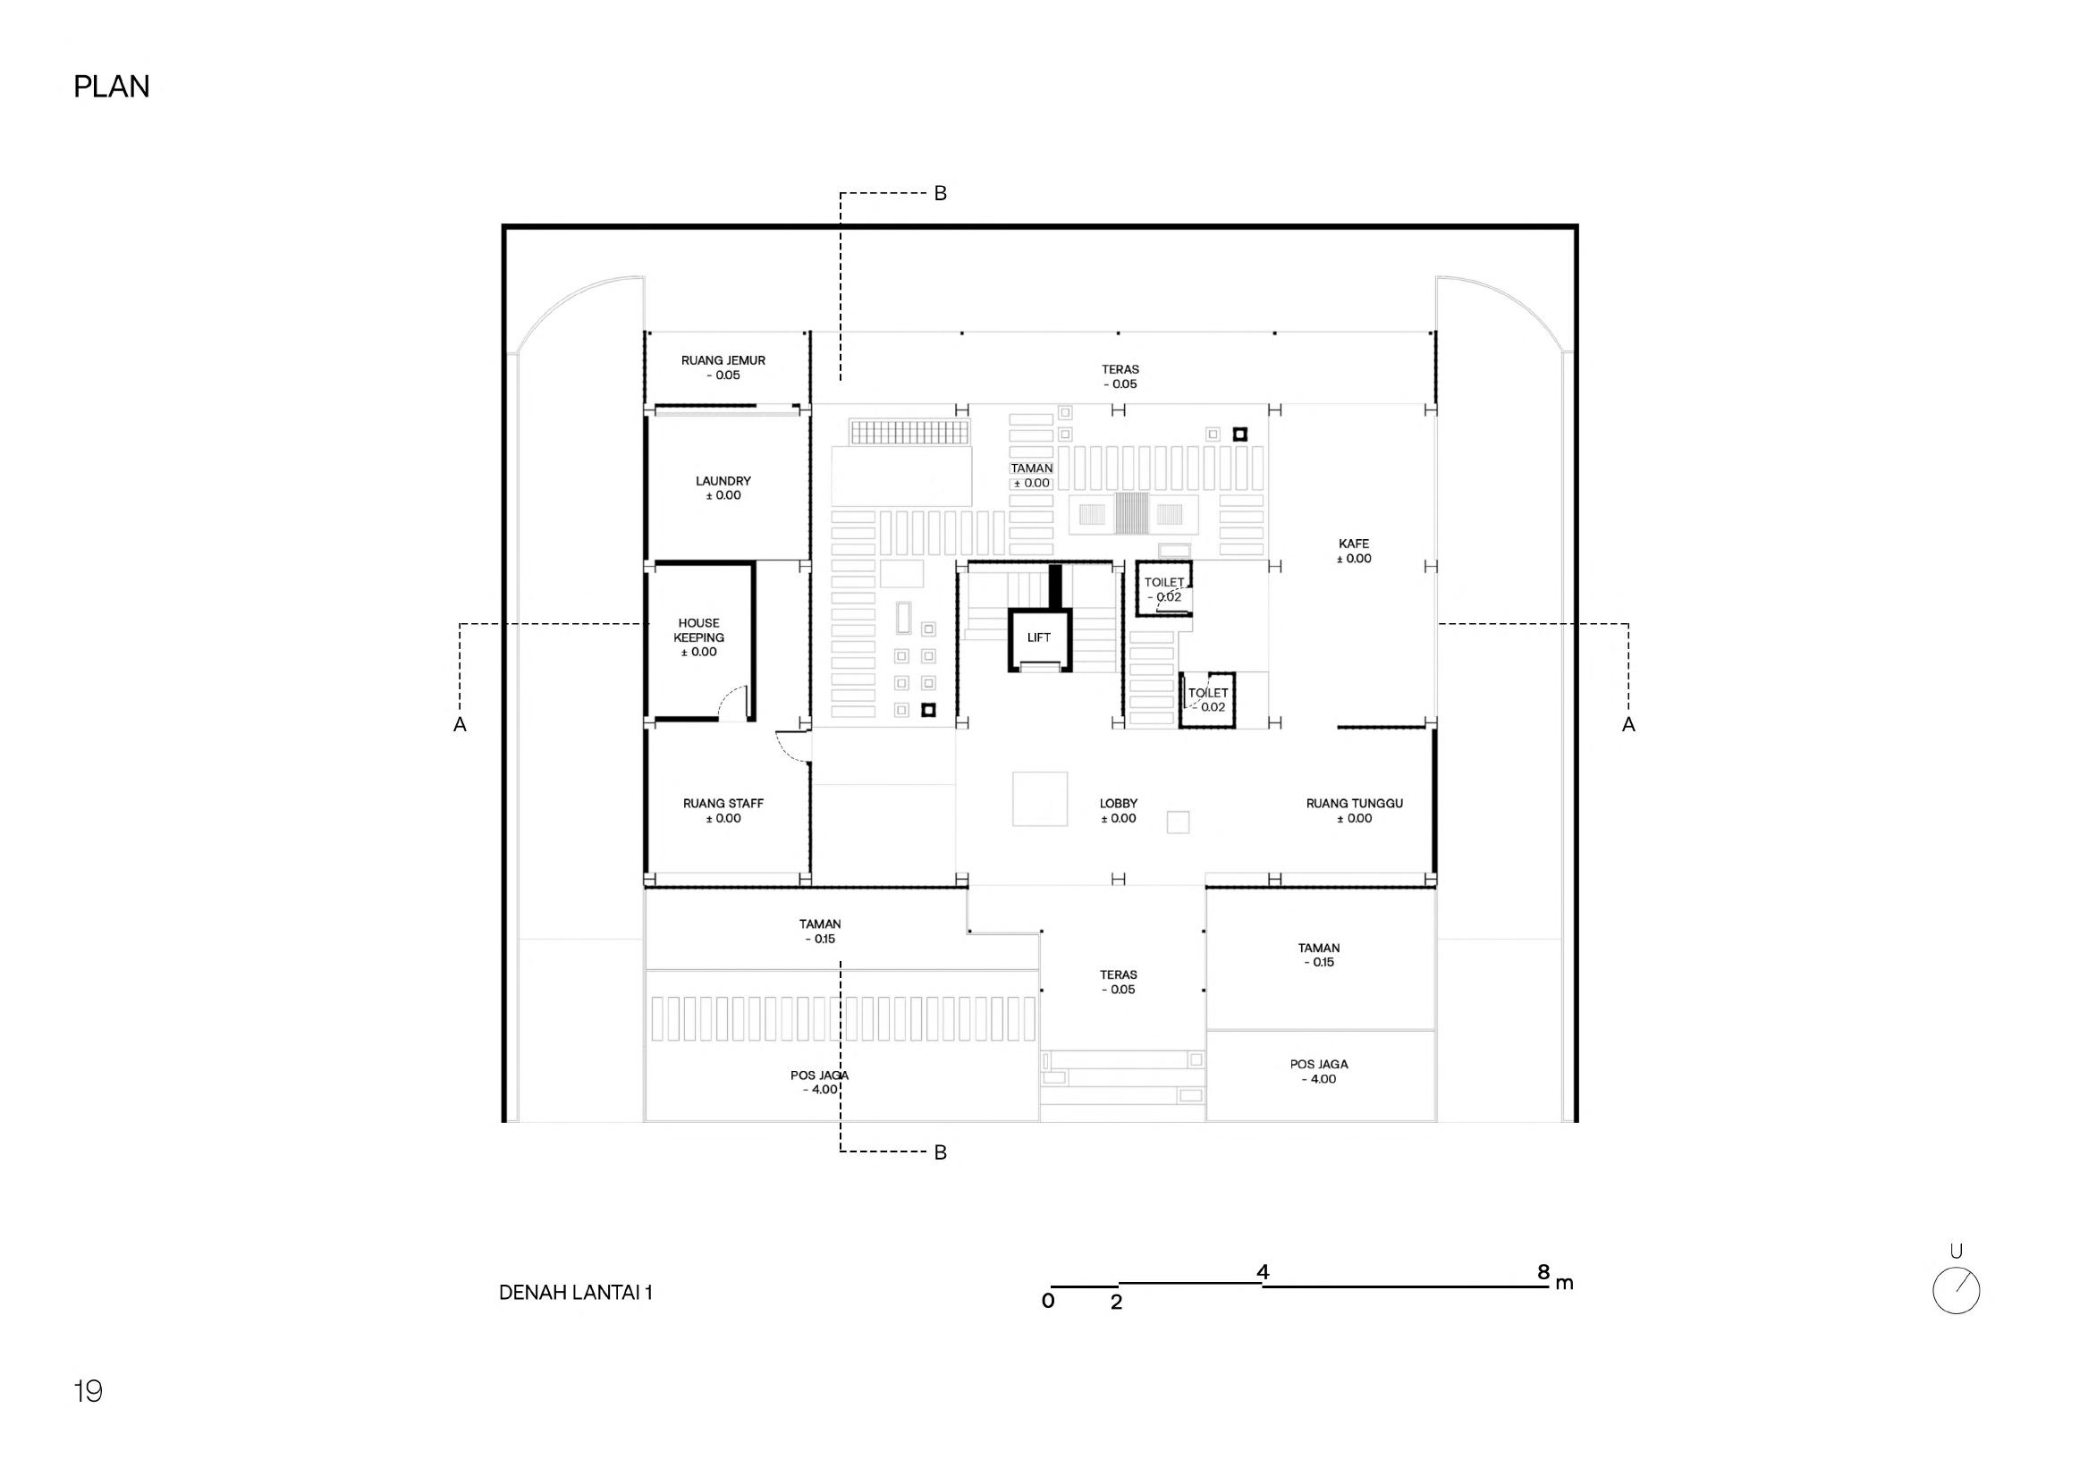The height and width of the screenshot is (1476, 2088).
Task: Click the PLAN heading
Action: pos(111,87)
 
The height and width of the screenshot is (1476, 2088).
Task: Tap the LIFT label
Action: pos(1038,637)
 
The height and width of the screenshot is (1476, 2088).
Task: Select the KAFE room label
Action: pos(1353,544)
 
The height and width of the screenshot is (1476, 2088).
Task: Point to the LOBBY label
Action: pos(1119,804)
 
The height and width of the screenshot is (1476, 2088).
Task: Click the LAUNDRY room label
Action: pos(723,481)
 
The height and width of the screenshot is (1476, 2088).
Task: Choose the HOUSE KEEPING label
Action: pos(698,630)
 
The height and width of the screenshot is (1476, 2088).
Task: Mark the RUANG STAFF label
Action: pos(723,804)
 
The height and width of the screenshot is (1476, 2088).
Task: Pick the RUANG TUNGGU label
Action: pos(1354,804)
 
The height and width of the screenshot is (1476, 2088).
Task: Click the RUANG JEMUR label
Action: pos(723,361)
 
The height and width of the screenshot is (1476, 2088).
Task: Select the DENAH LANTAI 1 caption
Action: pos(576,1293)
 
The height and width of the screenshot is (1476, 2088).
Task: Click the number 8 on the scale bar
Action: pos(1543,1272)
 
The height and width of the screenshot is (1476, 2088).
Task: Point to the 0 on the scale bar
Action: pos(1048,1302)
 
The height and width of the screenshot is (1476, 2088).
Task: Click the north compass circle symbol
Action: pos(1957,1290)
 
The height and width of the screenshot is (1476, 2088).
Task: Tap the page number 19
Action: pos(89,1391)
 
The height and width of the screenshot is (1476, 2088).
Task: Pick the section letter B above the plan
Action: pos(941,194)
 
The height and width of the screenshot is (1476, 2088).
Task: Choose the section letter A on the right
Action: pos(1627,725)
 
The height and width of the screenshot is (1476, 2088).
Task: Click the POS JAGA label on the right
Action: pos(1319,1064)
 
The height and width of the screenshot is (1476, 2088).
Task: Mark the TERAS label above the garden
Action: pos(1120,370)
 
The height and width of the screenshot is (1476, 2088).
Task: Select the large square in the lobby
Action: pos(1039,798)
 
